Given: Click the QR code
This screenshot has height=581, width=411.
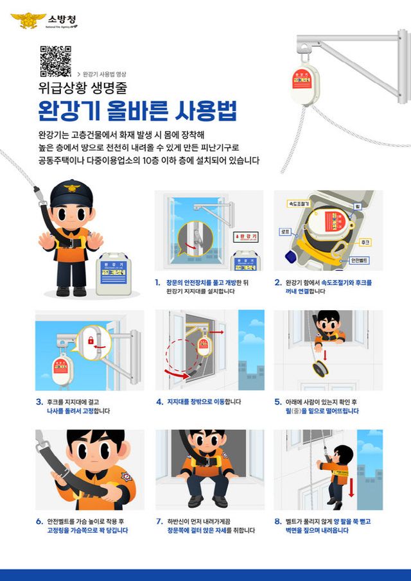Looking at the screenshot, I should [x=55, y=62].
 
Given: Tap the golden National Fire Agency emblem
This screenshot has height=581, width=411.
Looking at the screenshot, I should [x=28, y=21].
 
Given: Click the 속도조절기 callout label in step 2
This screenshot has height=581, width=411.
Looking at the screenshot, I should [x=298, y=204].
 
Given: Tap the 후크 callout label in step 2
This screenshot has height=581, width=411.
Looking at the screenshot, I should [x=365, y=241].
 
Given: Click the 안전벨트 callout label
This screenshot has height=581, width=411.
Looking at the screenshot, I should [x=358, y=261].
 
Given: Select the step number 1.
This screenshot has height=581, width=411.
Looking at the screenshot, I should [x=157, y=282].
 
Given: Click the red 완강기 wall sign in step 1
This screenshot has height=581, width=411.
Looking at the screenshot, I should [x=245, y=236].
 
